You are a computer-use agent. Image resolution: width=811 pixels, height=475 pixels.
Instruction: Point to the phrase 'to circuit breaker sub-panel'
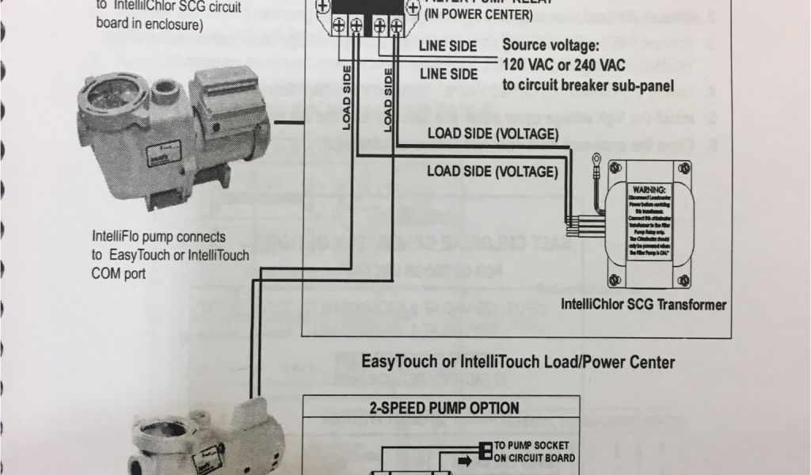click(x=588, y=85)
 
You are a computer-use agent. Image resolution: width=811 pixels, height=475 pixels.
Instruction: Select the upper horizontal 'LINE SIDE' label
click(x=448, y=46)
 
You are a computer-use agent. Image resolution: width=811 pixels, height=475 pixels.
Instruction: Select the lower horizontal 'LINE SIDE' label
click(x=448, y=74)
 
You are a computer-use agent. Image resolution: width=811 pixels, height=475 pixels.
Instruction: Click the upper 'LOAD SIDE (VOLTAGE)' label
click(x=493, y=133)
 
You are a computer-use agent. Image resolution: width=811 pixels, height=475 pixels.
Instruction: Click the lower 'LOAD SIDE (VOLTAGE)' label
click(x=493, y=170)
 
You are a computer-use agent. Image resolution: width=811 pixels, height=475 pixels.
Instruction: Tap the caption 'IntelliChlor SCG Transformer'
click(x=643, y=304)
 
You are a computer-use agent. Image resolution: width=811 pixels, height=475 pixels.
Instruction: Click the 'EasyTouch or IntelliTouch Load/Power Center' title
click(x=518, y=363)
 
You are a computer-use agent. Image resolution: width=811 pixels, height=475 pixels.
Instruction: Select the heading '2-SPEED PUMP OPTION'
click(x=444, y=408)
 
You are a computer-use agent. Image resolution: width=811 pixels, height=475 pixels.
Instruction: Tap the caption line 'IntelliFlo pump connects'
click(x=159, y=237)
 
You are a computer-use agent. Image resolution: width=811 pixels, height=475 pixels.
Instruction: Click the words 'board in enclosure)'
click(x=150, y=24)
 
